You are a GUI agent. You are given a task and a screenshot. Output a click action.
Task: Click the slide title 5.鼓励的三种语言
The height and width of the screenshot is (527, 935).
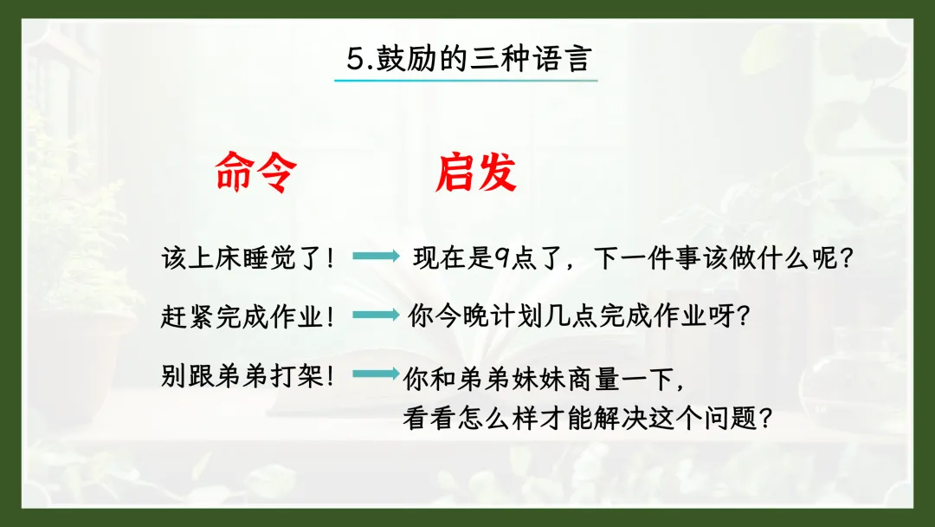click(468, 58)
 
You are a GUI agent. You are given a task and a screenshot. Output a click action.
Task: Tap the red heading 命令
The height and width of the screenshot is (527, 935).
click(255, 172)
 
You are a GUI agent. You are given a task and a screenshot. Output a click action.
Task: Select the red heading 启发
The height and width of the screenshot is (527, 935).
click(476, 172)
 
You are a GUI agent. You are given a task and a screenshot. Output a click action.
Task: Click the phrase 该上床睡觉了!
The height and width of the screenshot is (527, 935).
click(248, 258)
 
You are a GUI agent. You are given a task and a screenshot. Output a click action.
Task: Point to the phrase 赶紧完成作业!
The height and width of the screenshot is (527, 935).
click(247, 316)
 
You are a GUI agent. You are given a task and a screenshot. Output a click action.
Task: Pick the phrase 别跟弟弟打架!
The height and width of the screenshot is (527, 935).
click(247, 376)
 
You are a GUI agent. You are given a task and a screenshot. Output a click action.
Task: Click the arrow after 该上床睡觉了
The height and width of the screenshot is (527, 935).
click(377, 256)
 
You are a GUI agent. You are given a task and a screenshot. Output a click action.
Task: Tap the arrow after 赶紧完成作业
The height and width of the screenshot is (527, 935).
click(377, 315)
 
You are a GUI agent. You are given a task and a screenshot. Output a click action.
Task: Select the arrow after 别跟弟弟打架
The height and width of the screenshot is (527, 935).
click(377, 374)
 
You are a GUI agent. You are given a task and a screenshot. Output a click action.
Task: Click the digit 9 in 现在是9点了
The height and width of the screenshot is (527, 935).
click(501, 258)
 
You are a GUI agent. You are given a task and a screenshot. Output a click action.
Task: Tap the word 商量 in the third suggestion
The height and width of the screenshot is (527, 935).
click(594, 379)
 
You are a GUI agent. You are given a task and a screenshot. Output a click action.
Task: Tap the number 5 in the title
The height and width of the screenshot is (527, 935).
click(356, 59)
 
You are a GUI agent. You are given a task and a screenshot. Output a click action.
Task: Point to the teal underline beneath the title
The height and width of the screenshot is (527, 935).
click(466, 80)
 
